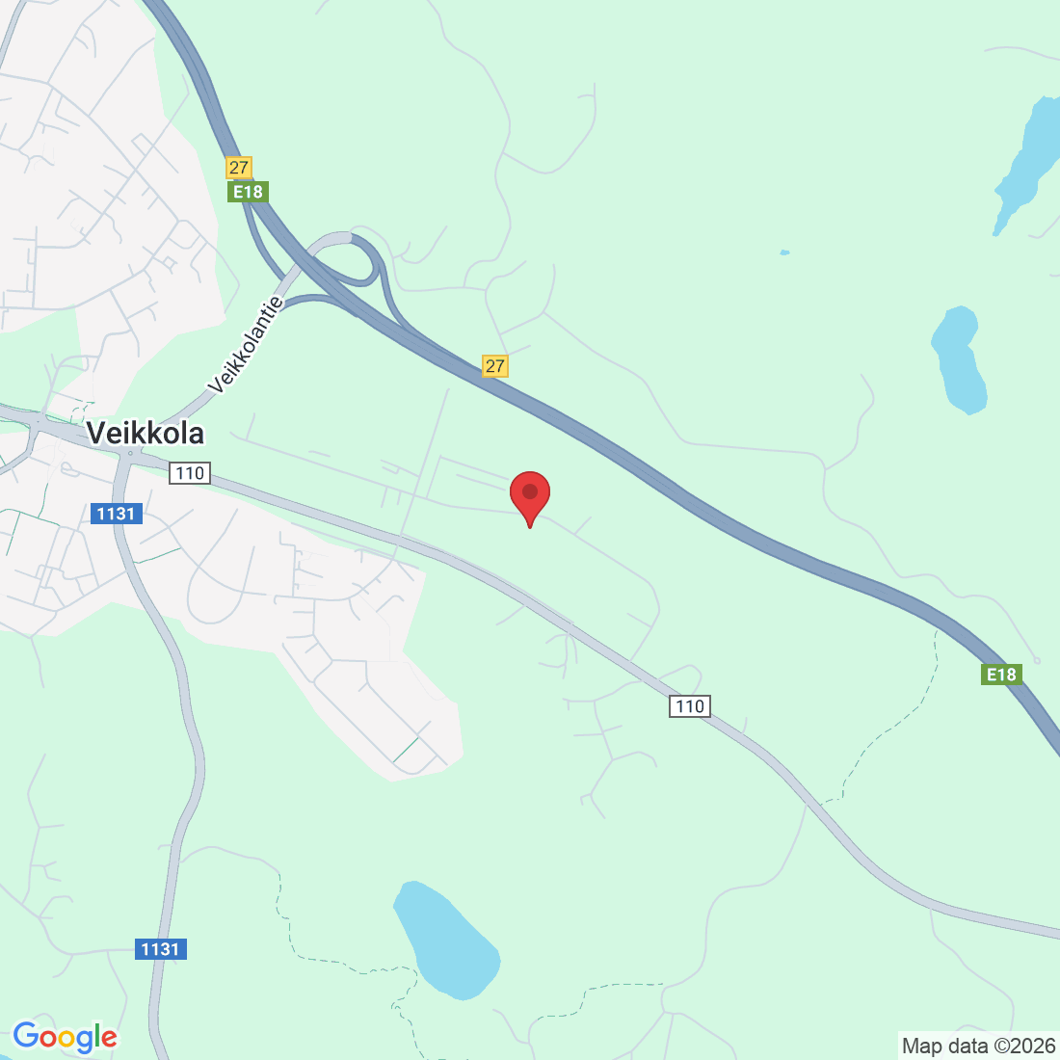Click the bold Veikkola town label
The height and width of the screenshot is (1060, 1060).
pos(146,433)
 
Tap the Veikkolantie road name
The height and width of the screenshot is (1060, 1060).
pos(246,345)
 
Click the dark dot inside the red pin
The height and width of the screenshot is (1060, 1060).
pos(530,491)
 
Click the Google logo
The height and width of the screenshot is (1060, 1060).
pos(65,1037)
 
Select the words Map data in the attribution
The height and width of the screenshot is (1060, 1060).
pos(945,1046)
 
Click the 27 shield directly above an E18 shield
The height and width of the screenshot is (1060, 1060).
pos(239,168)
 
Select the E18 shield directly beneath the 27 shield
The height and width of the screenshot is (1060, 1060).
pos(248,192)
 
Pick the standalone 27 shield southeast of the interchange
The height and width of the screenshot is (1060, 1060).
pos(494,366)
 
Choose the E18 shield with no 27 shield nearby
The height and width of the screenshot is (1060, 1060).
pos(1001,675)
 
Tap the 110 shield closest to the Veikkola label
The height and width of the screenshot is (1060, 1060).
pos(190,473)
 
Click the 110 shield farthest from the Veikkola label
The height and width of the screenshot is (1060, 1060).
pos(690,706)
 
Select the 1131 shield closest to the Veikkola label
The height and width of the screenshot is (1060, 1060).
pos(116,514)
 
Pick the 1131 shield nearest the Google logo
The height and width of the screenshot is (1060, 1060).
pos(160,949)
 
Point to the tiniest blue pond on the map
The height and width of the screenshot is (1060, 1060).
pos(784,252)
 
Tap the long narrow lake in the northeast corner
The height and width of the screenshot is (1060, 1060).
pos(1025,164)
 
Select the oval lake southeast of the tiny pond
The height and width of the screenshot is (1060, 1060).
pos(960,359)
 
